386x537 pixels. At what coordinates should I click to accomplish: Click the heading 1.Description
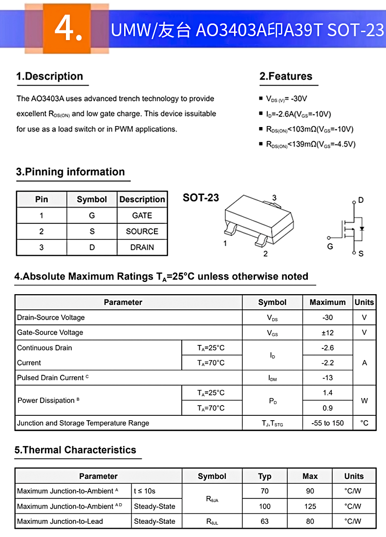(x=49, y=76)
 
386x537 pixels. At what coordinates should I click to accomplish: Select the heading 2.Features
(x=286, y=76)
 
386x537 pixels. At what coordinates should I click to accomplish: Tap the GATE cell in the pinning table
(x=142, y=215)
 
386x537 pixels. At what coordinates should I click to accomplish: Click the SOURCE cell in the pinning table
(x=142, y=232)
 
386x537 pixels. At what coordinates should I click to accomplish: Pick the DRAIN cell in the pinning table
(x=142, y=247)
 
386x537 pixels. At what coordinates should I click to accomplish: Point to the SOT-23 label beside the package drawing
(x=201, y=198)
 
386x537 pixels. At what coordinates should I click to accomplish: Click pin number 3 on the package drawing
(x=274, y=198)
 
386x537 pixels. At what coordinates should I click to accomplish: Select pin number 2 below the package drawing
(x=265, y=254)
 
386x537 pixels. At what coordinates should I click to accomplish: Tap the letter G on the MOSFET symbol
(x=330, y=246)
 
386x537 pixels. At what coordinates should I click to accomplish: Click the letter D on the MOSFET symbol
(x=361, y=200)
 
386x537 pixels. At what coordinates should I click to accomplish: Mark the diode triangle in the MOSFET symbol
(x=362, y=229)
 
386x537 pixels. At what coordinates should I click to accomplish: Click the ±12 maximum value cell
(x=327, y=333)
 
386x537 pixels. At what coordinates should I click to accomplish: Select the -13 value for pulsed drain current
(x=327, y=378)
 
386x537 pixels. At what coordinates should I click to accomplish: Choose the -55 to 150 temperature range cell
(x=327, y=423)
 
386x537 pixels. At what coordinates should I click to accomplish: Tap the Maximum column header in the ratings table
(x=327, y=302)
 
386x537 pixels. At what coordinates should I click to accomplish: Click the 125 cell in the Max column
(x=310, y=506)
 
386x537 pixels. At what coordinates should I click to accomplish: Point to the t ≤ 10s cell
(x=145, y=491)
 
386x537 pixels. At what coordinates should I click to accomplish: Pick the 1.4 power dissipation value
(x=327, y=393)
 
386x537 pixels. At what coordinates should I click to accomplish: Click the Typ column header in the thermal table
(x=265, y=476)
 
